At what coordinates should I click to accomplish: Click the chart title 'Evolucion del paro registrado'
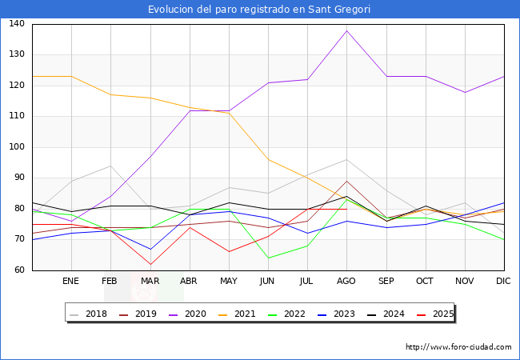click(x=260, y=10)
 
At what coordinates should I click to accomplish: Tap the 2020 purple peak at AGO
click(x=346, y=30)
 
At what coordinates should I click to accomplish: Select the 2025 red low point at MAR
click(x=150, y=265)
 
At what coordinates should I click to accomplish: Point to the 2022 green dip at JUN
click(x=268, y=258)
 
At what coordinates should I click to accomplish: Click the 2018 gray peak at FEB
click(x=110, y=166)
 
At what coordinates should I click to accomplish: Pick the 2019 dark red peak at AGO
click(x=346, y=181)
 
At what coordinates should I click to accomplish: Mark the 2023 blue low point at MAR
click(x=150, y=249)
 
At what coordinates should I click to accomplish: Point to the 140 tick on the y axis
click(x=17, y=24)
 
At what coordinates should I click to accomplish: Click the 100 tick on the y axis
click(x=17, y=147)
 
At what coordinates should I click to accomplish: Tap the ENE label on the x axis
click(x=71, y=282)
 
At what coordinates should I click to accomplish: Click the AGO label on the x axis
click(x=346, y=282)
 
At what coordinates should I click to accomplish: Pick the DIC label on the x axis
click(x=503, y=282)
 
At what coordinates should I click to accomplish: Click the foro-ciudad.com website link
click(x=458, y=347)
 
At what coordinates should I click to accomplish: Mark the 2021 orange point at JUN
click(x=268, y=160)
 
